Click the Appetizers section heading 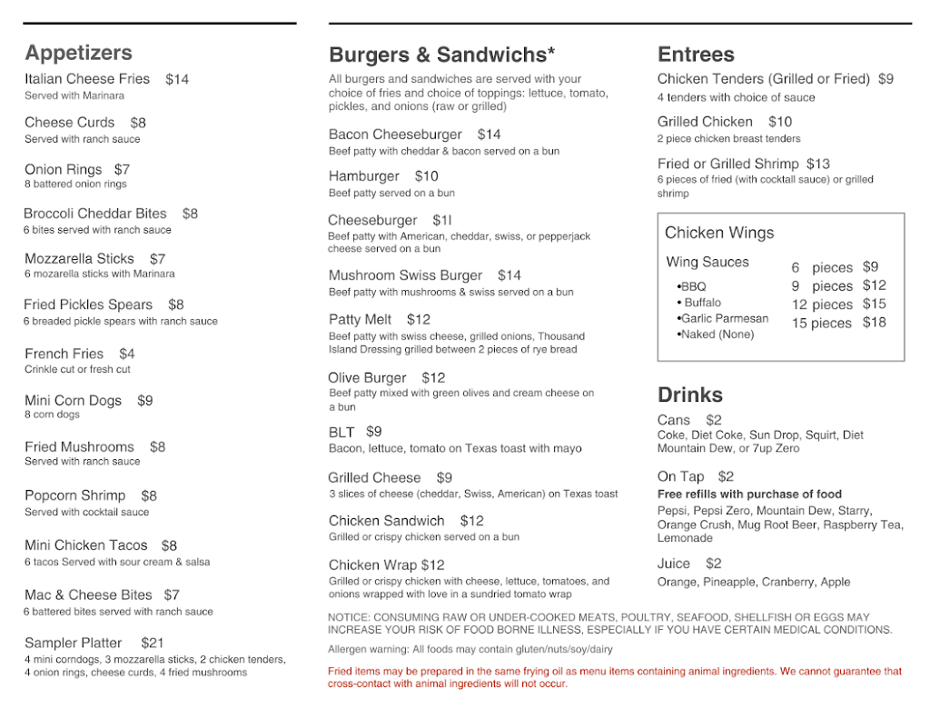click(78, 53)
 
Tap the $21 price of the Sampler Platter click(153, 643)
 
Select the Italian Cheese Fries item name click(87, 79)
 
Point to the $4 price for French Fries click(126, 354)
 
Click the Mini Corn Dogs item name click(73, 401)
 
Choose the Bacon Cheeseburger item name click(395, 135)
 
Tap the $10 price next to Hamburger click(426, 176)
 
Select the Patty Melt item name click(360, 320)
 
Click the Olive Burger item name click(367, 378)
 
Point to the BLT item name click(341, 433)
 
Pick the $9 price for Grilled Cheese click(444, 478)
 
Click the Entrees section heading click(696, 55)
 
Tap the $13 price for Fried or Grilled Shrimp click(817, 165)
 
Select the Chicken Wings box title click(719, 233)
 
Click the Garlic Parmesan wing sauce click(724, 319)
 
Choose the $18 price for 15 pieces click(874, 323)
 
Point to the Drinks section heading click(690, 394)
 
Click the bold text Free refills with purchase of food click(749, 494)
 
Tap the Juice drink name click(674, 564)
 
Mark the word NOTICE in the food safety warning click(348, 618)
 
